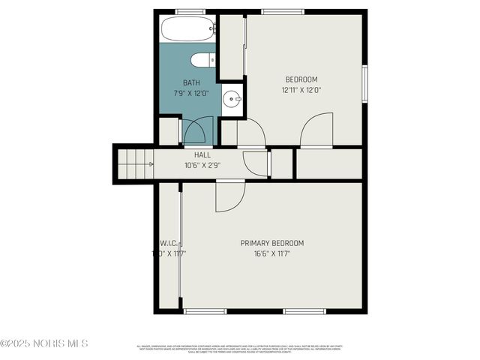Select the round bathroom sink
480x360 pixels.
(233, 97)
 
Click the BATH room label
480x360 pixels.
(192, 82)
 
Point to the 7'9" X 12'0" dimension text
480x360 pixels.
(192, 92)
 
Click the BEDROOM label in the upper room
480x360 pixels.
(301, 79)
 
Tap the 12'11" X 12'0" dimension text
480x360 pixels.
(301, 90)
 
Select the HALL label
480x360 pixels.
(202, 155)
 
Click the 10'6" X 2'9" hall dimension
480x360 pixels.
(202, 165)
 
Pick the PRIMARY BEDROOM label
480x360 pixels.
(271, 243)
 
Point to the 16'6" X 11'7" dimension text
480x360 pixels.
(271, 253)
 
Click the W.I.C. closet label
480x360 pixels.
(168, 243)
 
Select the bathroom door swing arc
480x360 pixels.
(194, 131)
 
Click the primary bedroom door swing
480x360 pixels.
(228, 196)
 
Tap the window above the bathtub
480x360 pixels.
(190, 11)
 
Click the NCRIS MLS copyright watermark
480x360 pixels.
(44, 343)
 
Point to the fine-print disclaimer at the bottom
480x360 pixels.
(239, 349)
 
